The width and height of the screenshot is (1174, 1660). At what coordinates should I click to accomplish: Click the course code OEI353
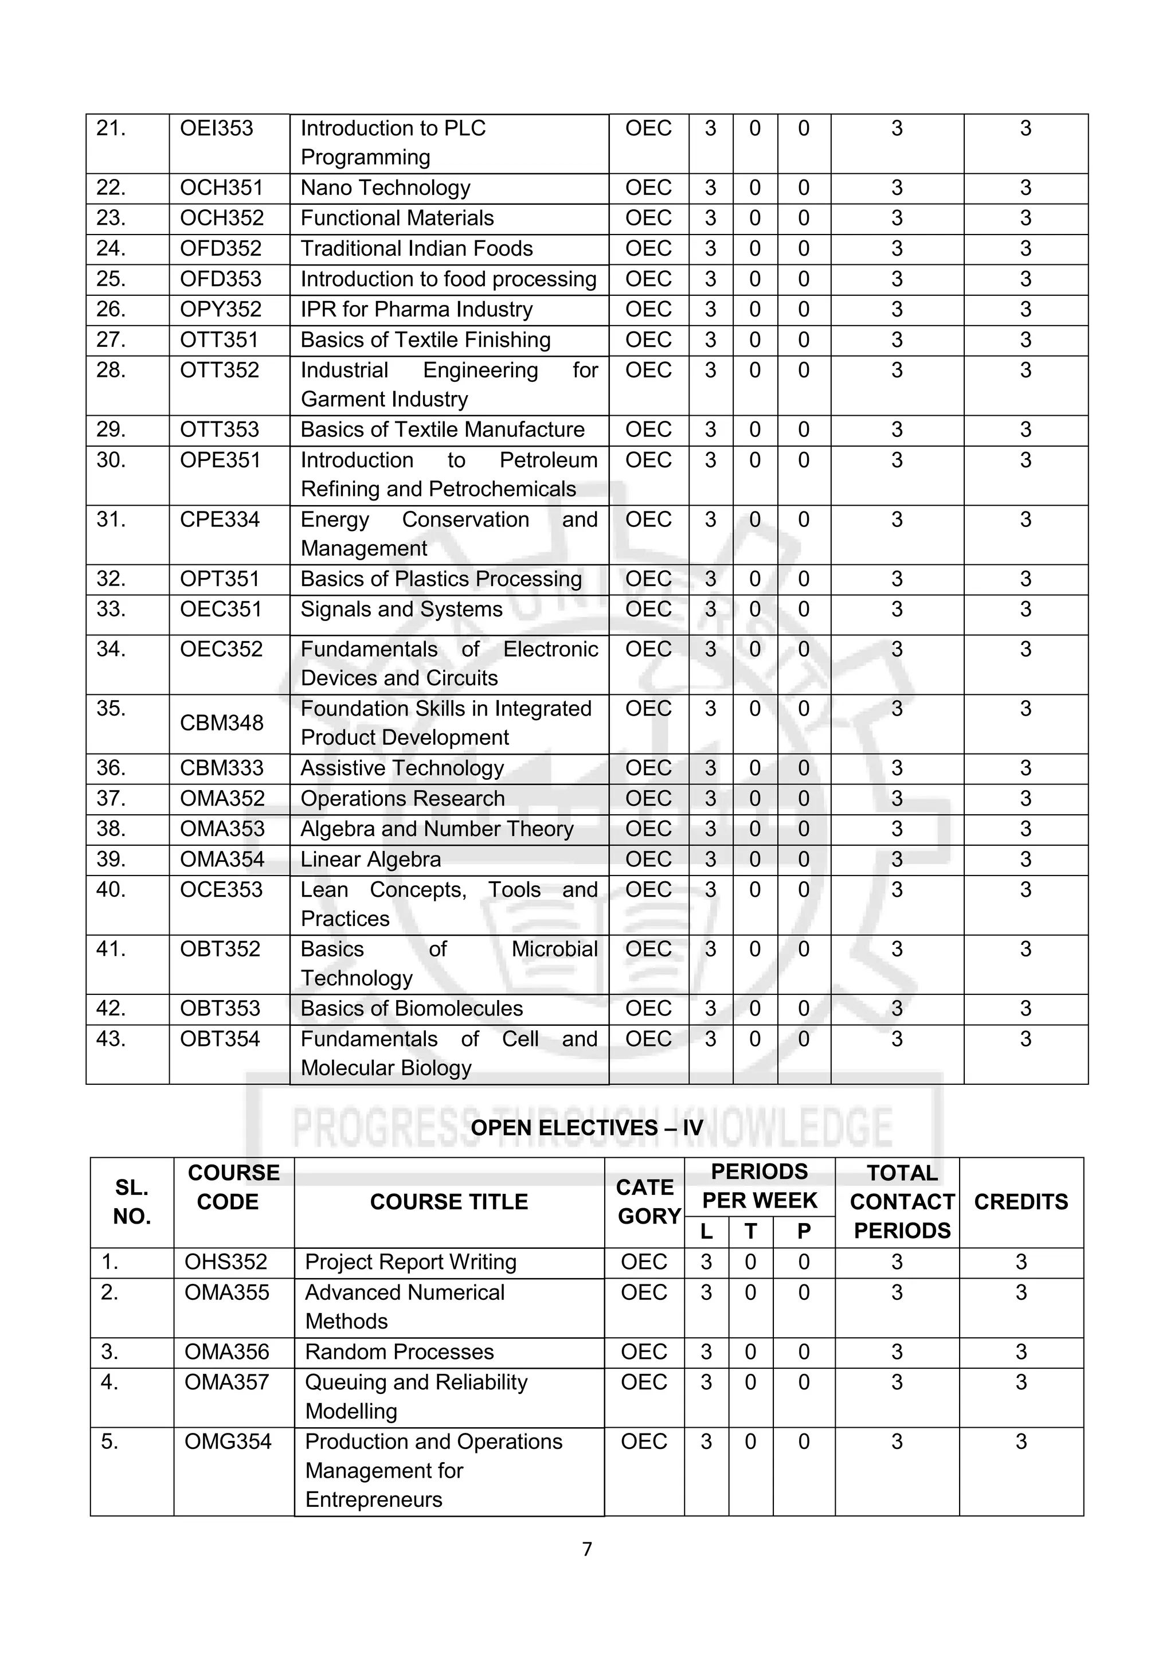tap(216, 128)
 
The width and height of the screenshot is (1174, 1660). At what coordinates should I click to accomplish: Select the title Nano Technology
tap(385, 188)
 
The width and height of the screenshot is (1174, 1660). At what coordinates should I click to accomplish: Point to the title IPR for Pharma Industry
tap(416, 310)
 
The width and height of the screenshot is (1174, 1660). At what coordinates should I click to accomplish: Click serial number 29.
tap(111, 430)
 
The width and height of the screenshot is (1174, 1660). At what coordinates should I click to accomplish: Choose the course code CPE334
tap(219, 520)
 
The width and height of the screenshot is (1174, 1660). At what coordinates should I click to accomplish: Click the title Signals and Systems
tap(401, 610)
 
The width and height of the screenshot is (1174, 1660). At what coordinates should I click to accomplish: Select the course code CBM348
tap(221, 723)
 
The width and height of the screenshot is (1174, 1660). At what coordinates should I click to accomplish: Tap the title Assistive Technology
tap(402, 768)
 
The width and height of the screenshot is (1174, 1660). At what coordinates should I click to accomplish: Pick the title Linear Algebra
tap(370, 860)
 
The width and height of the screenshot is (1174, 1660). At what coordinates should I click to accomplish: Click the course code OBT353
tap(220, 1009)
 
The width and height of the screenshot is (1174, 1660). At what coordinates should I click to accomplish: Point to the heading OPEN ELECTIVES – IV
tap(586, 1128)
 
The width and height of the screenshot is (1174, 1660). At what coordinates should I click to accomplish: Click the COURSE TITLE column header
tap(449, 1202)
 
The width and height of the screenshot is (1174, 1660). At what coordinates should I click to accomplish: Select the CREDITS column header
tap(1021, 1202)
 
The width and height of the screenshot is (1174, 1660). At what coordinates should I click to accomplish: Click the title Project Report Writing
tap(410, 1263)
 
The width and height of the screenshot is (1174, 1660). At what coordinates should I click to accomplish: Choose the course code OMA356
tap(226, 1352)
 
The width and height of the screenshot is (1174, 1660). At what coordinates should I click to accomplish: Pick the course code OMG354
tap(228, 1442)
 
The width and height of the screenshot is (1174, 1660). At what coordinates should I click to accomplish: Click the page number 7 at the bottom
tap(587, 1549)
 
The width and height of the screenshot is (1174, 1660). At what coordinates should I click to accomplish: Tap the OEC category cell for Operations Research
tap(648, 799)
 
